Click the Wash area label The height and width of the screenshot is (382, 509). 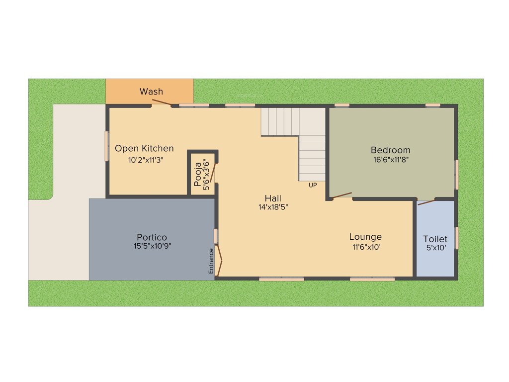point(151,92)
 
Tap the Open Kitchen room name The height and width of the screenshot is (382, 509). point(144,148)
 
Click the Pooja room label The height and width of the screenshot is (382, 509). point(198,171)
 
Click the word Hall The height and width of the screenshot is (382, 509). point(273,198)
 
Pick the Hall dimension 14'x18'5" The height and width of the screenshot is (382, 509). point(273,207)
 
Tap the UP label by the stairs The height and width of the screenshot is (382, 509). point(313,186)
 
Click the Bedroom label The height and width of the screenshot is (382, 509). point(391,150)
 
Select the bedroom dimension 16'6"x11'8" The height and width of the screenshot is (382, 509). point(390,160)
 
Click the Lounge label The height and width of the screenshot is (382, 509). point(365,237)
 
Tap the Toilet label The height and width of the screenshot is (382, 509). point(435,239)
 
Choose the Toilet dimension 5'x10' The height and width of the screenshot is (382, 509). point(435,248)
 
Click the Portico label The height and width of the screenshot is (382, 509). point(152,237)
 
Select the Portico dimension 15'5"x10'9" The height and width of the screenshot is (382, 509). point(153,246)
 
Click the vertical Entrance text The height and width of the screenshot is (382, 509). point(211,260)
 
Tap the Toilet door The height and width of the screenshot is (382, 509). point(427,201)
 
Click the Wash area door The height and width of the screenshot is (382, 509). point(162,102)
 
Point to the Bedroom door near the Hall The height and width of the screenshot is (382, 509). point(342,195)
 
